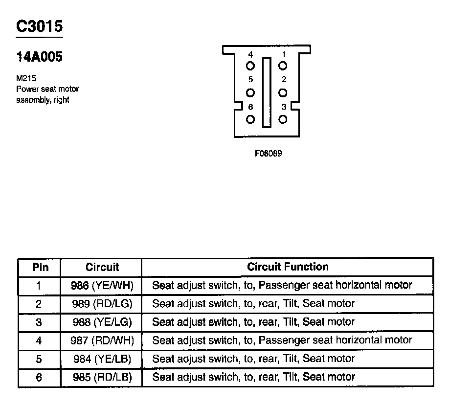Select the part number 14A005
pos(39,57)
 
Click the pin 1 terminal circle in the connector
pos(283,66)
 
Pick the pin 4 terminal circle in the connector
pos(250,66)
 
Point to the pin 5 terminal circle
pos(250,92)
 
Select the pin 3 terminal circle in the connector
pos(283,119)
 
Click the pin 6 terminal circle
pos(250,119)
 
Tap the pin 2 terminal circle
pos(283,92)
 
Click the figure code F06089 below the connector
pos(268,153)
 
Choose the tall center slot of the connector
pos(267,92)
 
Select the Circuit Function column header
pos(288,267)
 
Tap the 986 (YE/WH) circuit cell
pos(102,285)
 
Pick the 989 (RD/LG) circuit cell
pos(102,304)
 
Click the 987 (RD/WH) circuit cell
pos(102,340)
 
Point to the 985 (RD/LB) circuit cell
pos(102,377)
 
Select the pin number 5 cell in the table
pos(40,359)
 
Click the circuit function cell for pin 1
pos(282,285)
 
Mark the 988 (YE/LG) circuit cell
pos(102,322)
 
